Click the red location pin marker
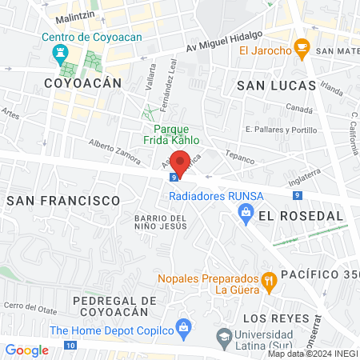(181, 162)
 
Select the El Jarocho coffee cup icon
(302, 48)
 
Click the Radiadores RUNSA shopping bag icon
(246, 211)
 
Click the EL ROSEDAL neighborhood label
(300, 215)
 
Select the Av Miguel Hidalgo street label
(223, 38)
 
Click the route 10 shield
(71, 346)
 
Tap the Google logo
(26, 350)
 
